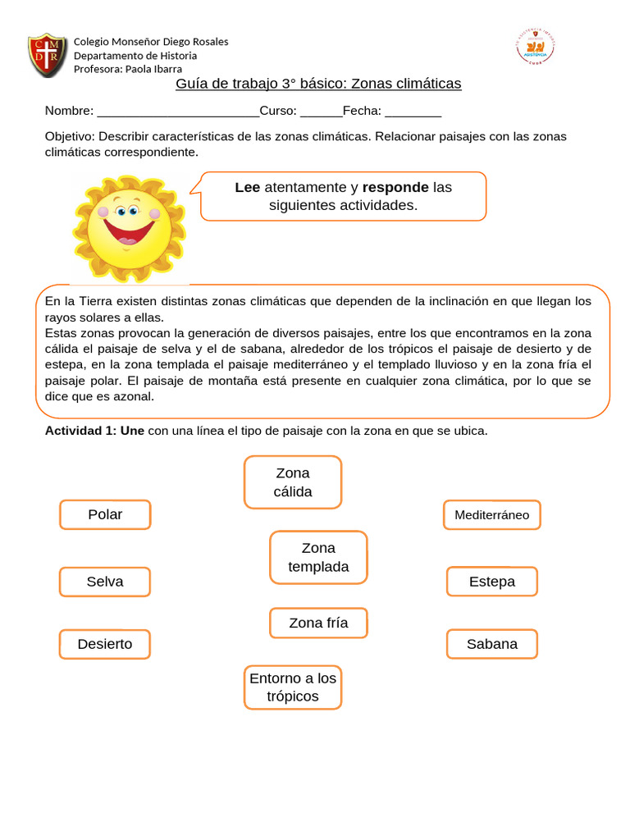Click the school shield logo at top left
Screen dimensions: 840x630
(x=48, y=55)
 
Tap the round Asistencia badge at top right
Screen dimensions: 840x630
(x=535, y=47)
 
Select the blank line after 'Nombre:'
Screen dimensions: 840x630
(x=177, y=112)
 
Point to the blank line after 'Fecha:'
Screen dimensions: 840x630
(x=413, y=112)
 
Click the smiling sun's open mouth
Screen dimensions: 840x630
(x=128, y=232)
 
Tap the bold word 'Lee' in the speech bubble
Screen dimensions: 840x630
(x=247, y=187)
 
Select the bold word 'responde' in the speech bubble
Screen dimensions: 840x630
(x=395, y=187)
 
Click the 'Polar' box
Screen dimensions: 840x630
(x=105, y=514)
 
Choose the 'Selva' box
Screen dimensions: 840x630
(x=105, y=582)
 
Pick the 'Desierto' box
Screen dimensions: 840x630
(x=105, y=644)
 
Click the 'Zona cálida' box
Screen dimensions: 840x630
(x=293, y=482)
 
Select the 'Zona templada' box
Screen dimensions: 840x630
(x=318, y=557)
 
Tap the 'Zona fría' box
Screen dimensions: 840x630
(x=318, y=623)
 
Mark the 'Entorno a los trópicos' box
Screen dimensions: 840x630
(x=293, y=687)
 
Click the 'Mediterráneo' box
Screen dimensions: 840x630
(x=492, y=515)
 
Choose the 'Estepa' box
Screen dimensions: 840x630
(x=492, y=582)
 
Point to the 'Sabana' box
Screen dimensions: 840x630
(x=492, y=644)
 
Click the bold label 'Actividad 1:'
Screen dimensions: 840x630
(x=80, y=431)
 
